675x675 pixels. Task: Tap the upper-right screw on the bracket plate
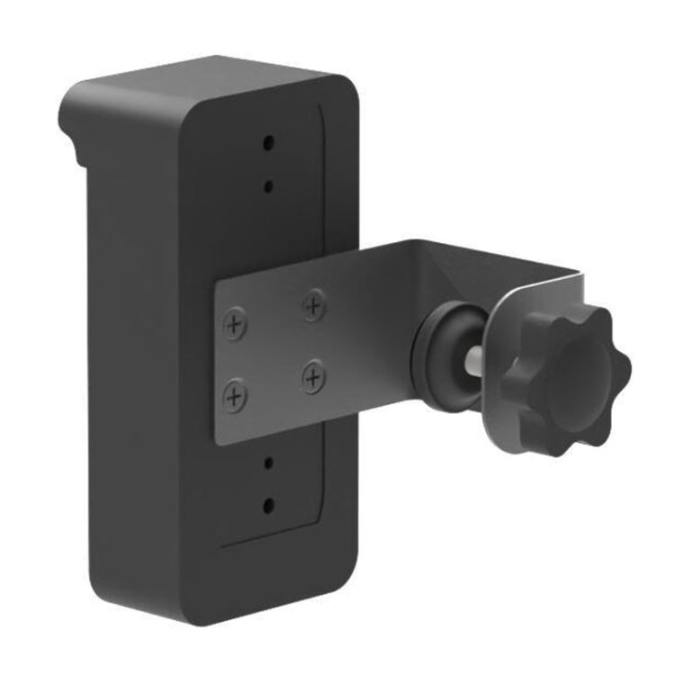tap(312, 306)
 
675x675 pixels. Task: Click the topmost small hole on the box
tap(268, 142)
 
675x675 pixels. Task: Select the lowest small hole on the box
tap(268, 504)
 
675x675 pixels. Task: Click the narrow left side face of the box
tap(135, 360)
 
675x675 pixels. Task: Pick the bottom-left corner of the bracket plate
tap(217, 441)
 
